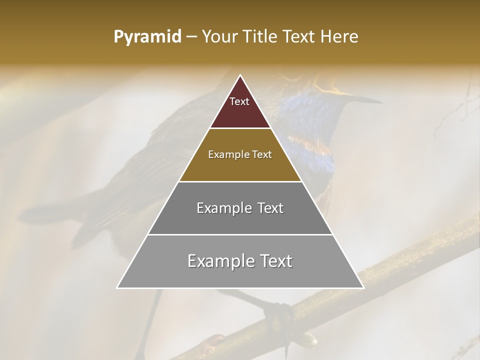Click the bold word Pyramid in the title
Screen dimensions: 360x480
147,37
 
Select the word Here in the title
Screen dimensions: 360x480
340,37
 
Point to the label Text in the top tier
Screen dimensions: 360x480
239,101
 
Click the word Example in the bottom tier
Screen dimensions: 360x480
218,261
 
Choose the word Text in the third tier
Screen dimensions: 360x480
267,208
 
